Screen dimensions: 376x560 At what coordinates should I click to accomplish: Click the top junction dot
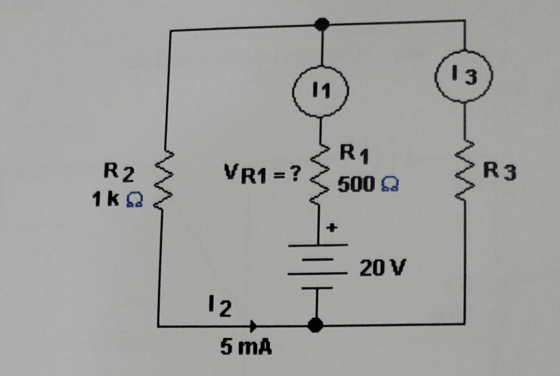(x=322, y=24)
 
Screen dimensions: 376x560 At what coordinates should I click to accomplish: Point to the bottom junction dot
(x=315, y=325)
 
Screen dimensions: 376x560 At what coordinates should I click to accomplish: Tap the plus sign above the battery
(x=332, y=228)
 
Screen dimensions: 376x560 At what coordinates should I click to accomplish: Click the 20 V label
(x=383, y=268)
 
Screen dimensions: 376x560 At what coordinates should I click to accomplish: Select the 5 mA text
(x=246, y=347)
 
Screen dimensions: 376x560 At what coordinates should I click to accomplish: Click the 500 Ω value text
(x=368, y=184)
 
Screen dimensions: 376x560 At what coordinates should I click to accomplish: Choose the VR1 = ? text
(x=262, y=174)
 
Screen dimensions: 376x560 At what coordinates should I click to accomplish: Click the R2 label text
(x=119, y=173)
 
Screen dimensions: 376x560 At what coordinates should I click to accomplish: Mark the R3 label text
(x=501, y=172)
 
